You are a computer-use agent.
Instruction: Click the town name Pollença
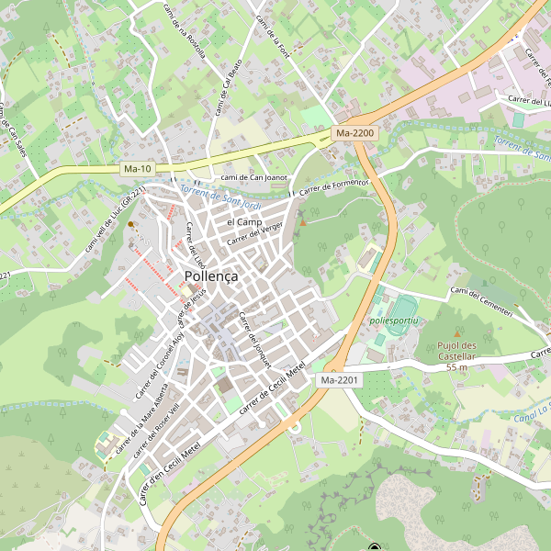click(211, 275)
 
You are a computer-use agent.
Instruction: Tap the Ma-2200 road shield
click(355, 133)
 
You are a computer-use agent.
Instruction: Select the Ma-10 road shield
click(137, 169)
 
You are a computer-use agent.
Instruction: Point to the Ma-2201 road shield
click(339, 379)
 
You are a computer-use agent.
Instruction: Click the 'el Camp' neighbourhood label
click(244, 222)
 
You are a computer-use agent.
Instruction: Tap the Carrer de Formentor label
click(332, 186)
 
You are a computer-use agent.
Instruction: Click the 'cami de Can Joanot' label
click(254, 177)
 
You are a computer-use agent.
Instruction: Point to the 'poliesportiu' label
click(393, 320)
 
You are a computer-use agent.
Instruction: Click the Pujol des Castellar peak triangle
click(458, 333)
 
